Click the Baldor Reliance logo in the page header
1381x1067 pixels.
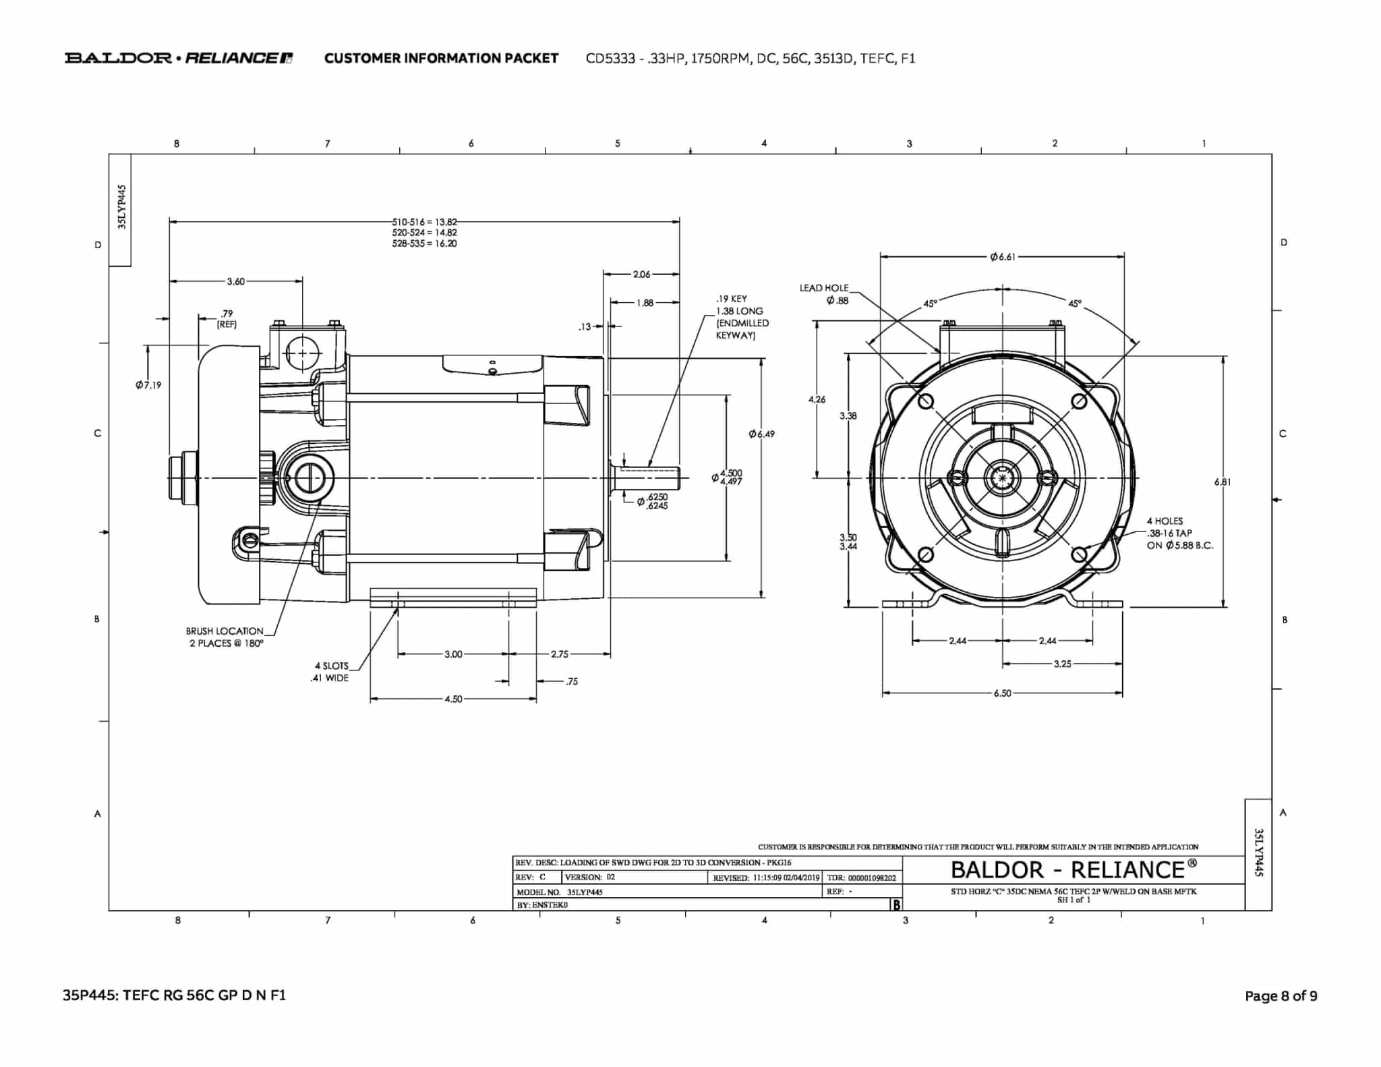[179, 58]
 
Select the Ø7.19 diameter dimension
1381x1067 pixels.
[148, 385]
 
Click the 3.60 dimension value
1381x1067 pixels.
[236, 281]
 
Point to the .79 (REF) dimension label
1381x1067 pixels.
[227, 318]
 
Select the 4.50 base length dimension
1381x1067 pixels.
[454, 699]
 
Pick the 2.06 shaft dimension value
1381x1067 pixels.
[642, 274]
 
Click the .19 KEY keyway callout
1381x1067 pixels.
[742, 317]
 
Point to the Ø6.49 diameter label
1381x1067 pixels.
[762, 434]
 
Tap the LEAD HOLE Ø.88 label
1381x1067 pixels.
[824, 294]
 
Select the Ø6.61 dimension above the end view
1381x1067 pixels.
[1003, 256]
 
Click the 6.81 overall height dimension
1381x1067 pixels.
[1223, 482]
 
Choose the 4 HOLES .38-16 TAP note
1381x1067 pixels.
[1179, 533]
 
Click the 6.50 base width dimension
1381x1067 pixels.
[1003, 693]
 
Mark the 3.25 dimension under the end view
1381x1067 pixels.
[1063, 664]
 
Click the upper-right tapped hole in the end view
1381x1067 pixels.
[1080, 401]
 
